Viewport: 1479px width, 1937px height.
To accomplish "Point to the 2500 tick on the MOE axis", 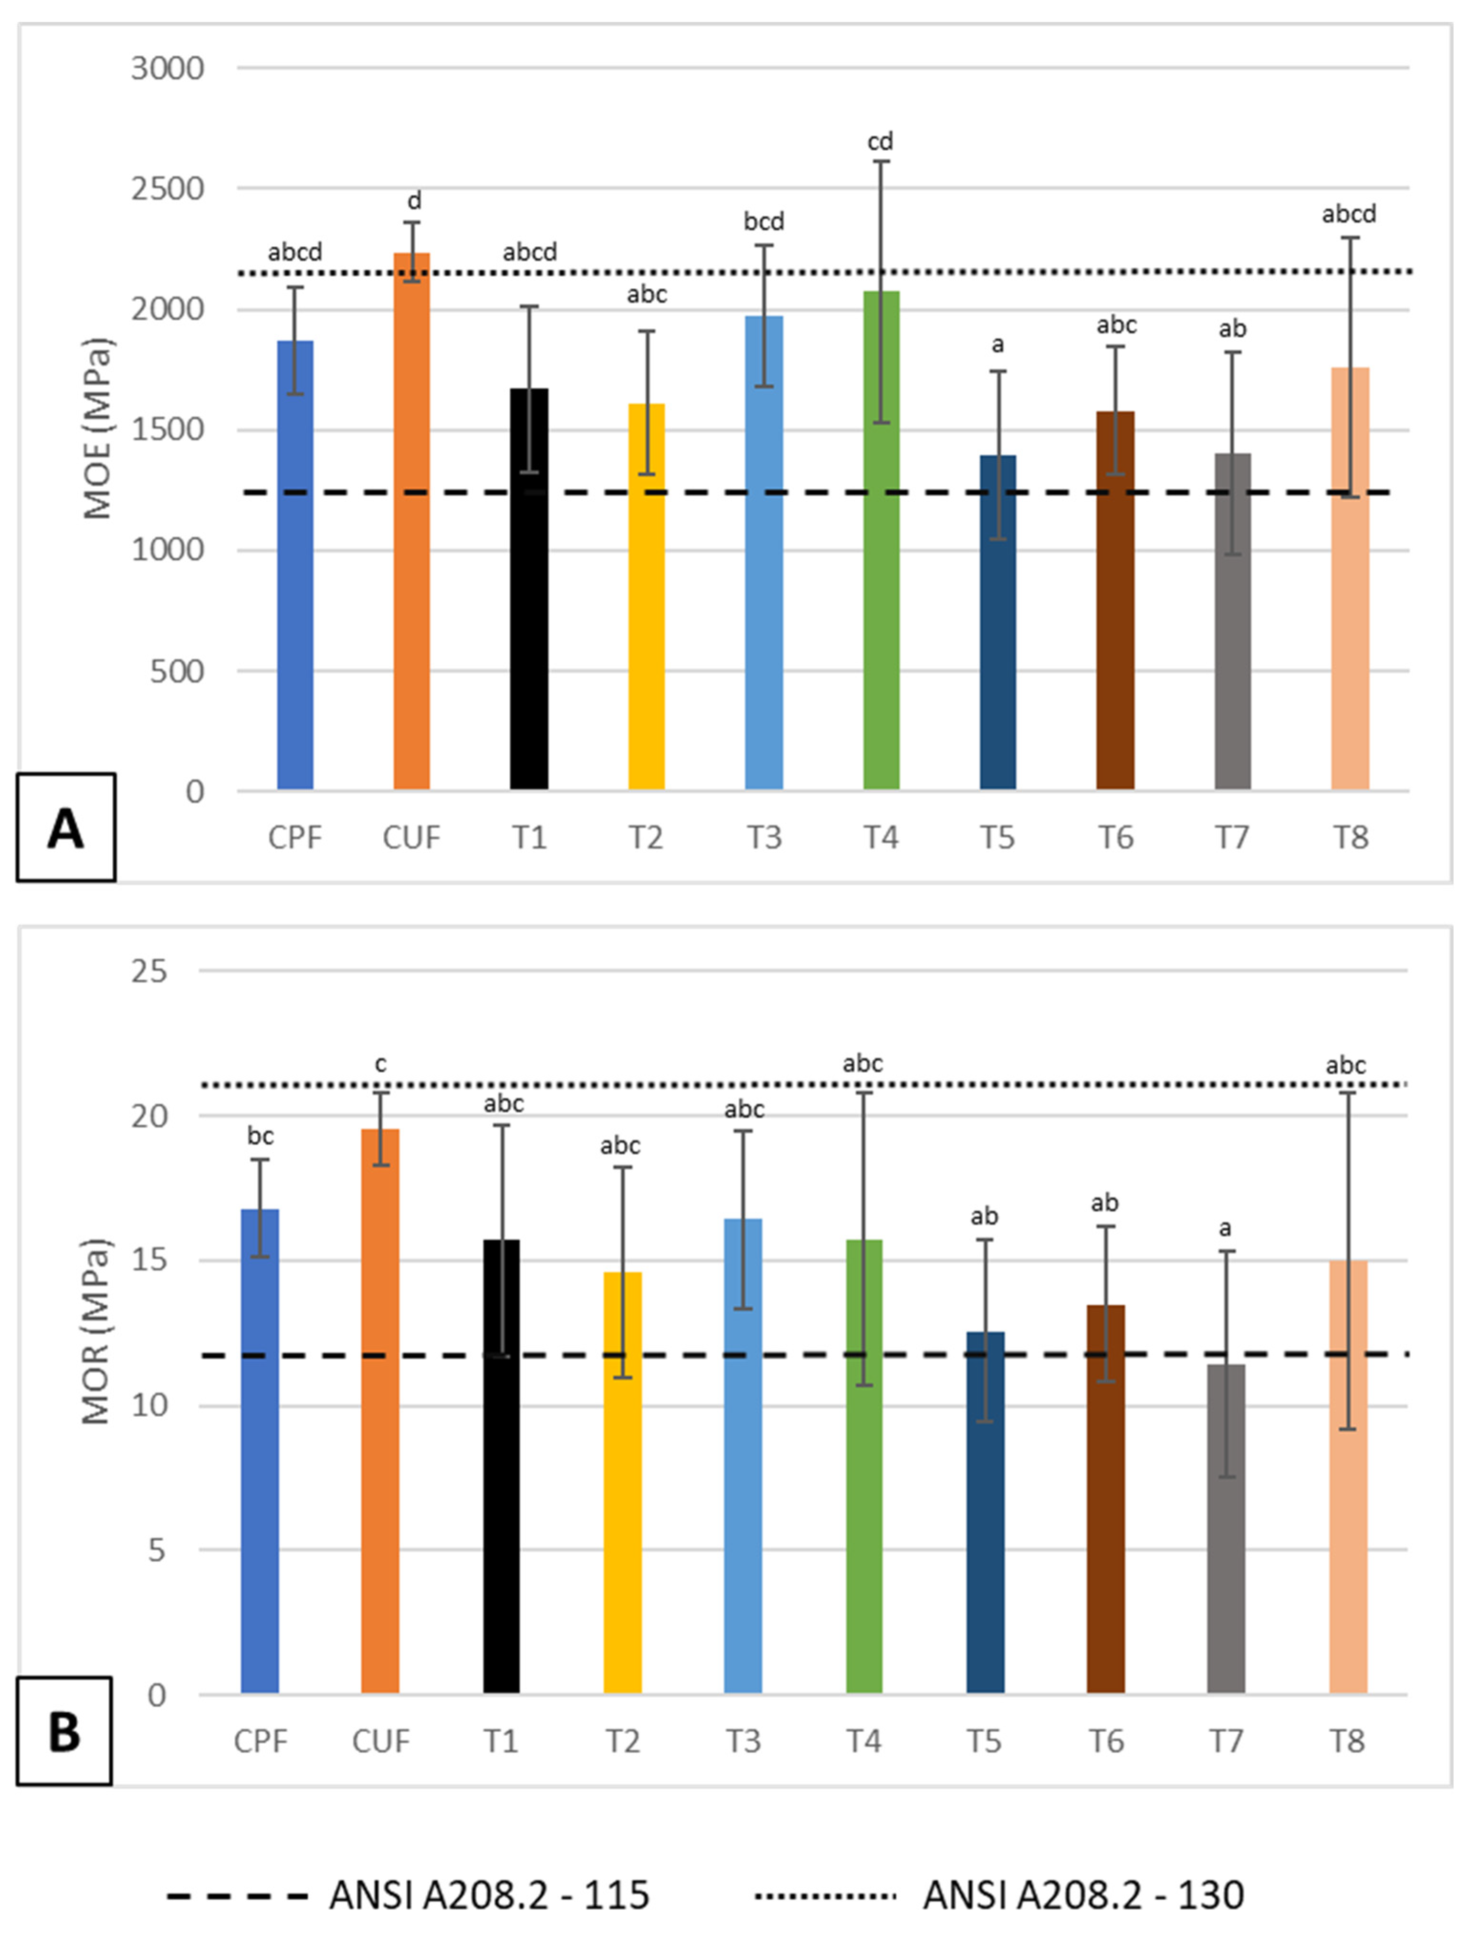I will [x=167, y=188].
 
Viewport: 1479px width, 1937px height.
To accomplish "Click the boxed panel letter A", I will [x=66, y=827].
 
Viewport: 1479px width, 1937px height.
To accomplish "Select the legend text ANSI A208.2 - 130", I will [x=1083, y=1895].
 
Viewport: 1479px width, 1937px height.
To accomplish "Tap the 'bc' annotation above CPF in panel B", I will [x=260, y=1136].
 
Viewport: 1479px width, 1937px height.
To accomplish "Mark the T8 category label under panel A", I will [x=1350, y=837].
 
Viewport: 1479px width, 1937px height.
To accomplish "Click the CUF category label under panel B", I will [x=380, y=1741].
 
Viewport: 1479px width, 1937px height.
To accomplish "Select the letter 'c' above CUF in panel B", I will [x=380, y=1065].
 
